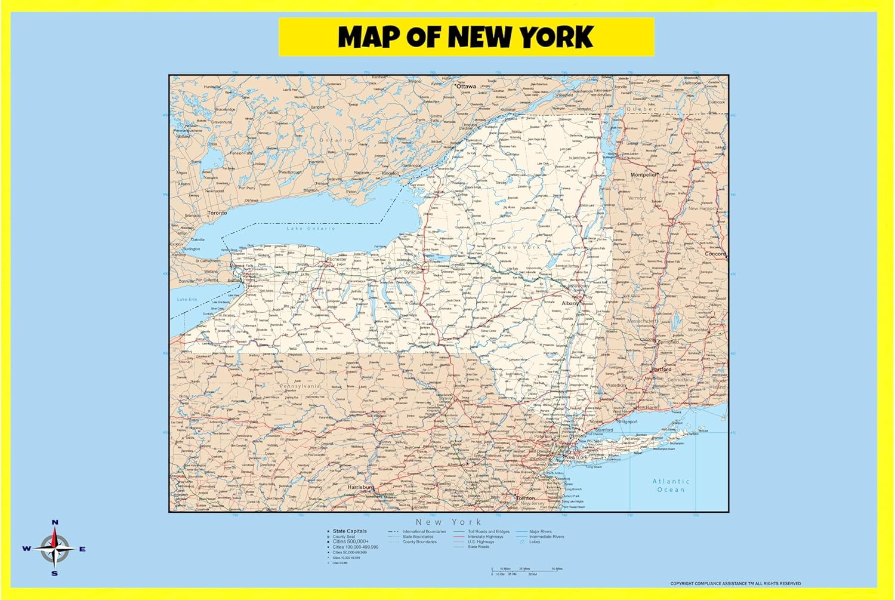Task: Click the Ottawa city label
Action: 466,87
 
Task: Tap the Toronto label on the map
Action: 217,213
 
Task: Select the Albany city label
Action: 570,303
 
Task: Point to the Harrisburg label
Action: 360,487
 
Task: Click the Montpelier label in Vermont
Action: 644,175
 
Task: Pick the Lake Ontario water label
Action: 311,229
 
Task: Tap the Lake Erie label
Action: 187,299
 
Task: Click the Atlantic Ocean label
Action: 671,485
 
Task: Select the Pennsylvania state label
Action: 301,386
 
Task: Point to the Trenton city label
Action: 526,498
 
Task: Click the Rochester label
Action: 337,260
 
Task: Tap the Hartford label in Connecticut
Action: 661,370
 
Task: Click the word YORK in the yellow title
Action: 556,37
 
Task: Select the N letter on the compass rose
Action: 55,522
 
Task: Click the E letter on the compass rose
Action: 82,549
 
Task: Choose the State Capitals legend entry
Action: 350,531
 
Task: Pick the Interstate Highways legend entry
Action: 485,537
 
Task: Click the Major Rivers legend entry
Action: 540,531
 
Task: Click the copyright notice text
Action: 735,583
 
